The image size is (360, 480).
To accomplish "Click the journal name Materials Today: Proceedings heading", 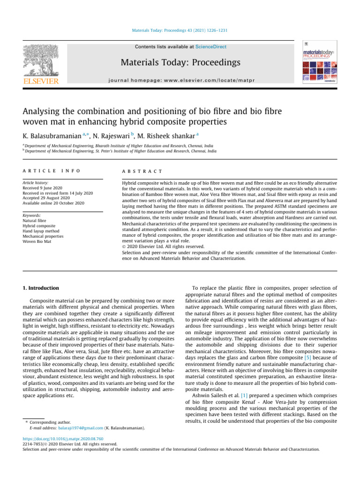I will coord(180,62).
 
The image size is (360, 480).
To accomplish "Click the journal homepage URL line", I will coord(180,80).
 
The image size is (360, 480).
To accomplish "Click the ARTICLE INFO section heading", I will coord(51,172).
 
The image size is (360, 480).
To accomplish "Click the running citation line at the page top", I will coord(180,31).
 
